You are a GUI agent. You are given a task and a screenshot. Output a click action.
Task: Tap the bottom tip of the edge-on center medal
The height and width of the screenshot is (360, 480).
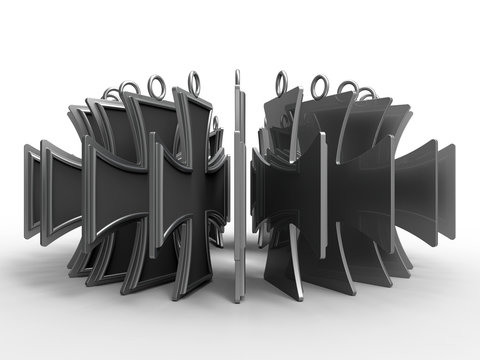(x=238, y=298)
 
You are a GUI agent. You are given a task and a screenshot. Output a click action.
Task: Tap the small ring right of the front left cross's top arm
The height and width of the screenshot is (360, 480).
(x=213, y=123)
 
